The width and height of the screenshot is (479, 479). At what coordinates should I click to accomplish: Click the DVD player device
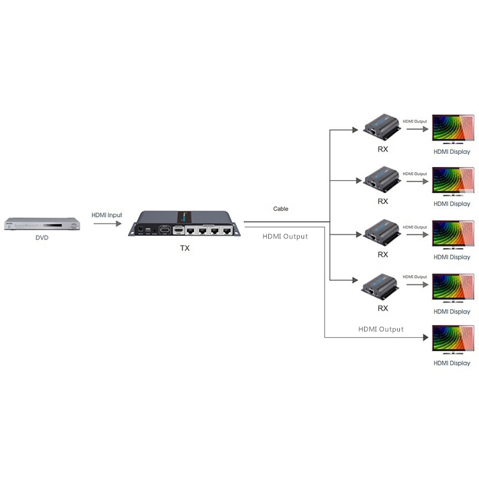coord(42,224)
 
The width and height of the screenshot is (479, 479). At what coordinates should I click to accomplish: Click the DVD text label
coord(42,238)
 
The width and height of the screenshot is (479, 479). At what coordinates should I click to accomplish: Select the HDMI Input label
coord(107,214)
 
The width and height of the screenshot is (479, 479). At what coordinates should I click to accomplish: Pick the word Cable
coord(281,209)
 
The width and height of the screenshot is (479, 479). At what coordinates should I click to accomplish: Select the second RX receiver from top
coord(382,178)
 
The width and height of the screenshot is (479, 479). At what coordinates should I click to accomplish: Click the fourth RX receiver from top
coord(382,285)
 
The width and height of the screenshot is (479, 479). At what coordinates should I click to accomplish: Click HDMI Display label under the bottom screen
coord(451,363)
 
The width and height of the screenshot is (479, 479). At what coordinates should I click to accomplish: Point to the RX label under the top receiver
coord(383,148)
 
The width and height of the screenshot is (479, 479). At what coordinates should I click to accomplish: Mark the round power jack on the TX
coord(141,229)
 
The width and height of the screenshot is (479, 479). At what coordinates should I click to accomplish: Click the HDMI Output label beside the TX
coord(286,237)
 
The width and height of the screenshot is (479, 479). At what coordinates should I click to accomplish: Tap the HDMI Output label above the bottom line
coord(381,329)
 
